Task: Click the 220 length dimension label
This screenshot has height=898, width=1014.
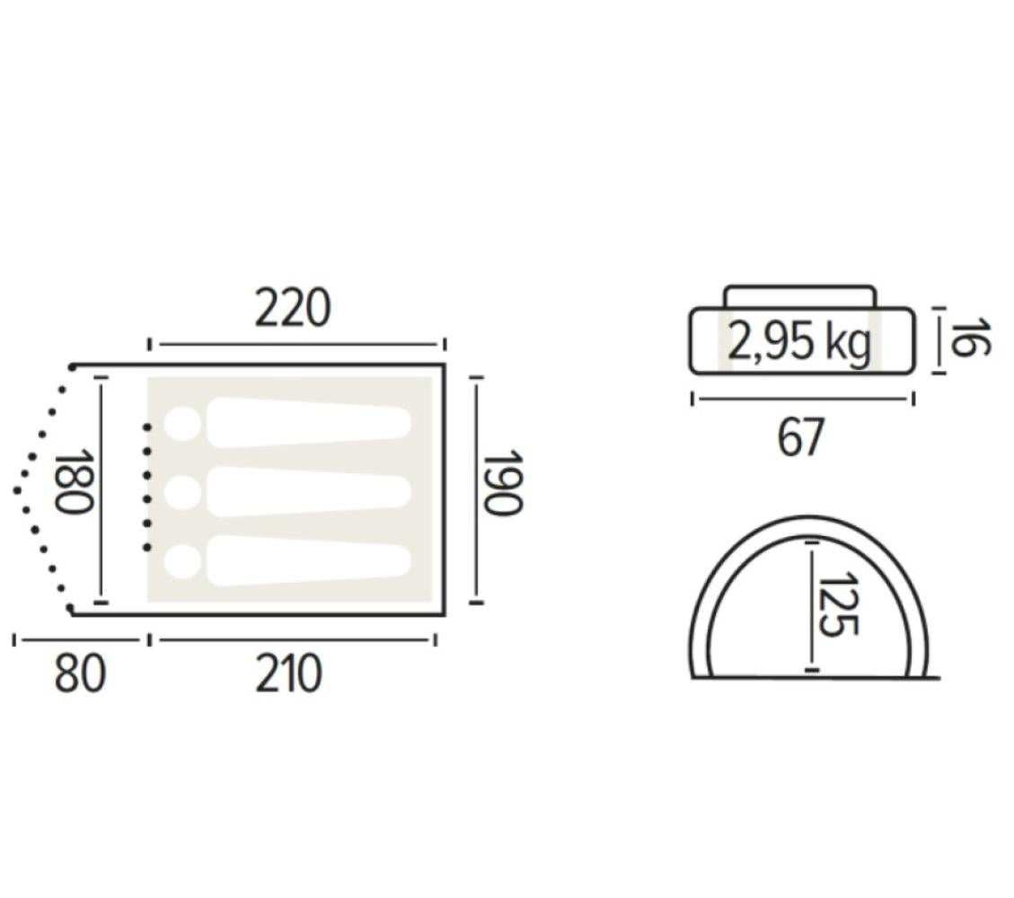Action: point(293,309)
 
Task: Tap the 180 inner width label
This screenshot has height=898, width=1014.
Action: point(74,481)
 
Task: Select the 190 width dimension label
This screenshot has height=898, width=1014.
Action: point(502,483)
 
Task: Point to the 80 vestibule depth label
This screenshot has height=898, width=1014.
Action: point(80,673)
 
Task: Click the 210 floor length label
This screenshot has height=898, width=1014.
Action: point(288,673)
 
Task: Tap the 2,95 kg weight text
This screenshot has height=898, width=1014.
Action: point(800,342)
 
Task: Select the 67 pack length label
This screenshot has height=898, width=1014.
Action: point(800,437)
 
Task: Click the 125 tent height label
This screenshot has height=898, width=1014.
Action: point(838,604)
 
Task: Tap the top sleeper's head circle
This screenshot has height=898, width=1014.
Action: point(182,424)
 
